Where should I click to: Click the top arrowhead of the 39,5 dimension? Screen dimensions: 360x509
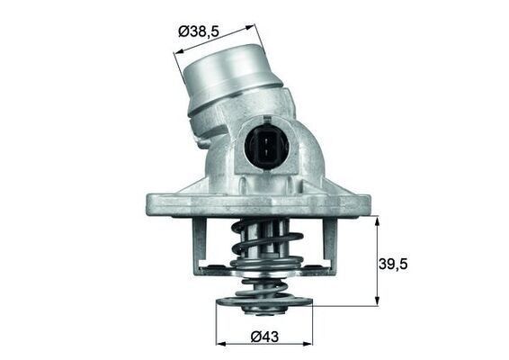[x=378, y=219]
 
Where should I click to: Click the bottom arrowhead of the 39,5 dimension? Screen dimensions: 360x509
[x=378, y=302]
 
